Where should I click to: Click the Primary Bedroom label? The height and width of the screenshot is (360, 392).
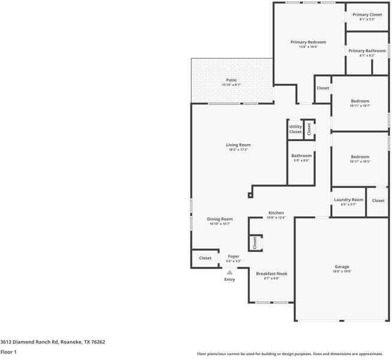pos(308,43)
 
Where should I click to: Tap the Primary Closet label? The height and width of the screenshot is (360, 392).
pos(367,15)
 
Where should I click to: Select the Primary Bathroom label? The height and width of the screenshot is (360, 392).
pos(367,51)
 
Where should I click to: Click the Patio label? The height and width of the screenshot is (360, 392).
pos(231,80)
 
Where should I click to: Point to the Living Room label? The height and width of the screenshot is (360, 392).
pos(238,145)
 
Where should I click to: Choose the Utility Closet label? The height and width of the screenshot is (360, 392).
pos(295,129)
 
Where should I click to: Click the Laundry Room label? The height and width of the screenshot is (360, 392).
pos(348,200)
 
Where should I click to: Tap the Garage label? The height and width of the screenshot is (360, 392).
pos(342,267)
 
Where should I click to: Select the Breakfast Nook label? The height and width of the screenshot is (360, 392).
pos(272,274)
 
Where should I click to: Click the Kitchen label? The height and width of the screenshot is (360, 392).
pos(276,213)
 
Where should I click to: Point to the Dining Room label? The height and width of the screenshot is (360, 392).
pos(220,220)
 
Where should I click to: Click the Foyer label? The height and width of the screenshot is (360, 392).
pos(233,256)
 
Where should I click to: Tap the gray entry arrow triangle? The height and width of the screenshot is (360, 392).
pos(229,272)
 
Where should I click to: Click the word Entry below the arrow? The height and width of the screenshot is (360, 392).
pos(230,280)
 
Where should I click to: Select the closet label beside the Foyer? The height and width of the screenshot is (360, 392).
pos(205,258)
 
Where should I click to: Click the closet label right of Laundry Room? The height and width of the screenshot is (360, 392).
pos(378,200)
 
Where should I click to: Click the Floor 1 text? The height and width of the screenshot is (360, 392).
pos(8,352)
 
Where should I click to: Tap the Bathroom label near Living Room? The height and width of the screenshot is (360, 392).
pos(301,156)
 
